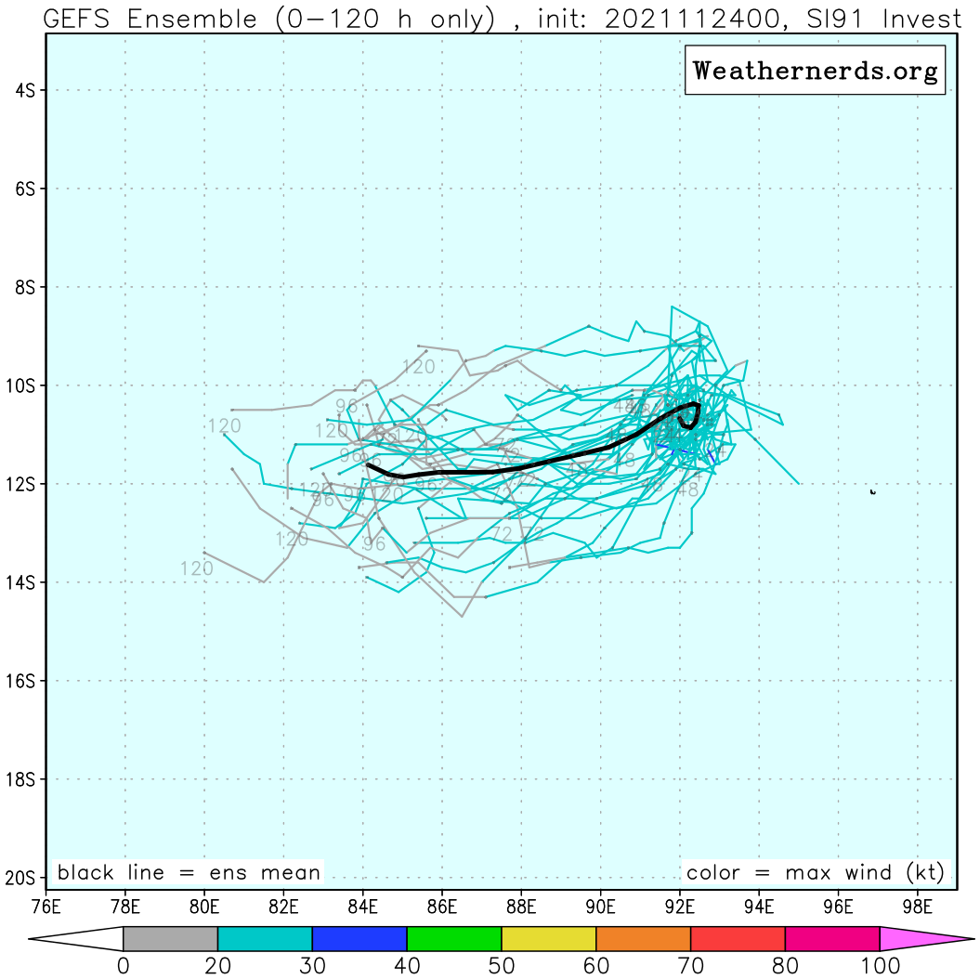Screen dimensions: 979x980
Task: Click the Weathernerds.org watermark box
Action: pyautogui.click(x=815, y=72)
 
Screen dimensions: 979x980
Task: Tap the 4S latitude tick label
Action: pyautogui.click(x=25, y=90)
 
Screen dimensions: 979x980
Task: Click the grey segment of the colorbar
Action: pyautogui.click(x=170, y=938)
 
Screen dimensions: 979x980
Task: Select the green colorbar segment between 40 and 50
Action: pyautogui.click(x=454, y=938)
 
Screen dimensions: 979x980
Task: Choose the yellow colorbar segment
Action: pyautogui.click(x=548, y=938)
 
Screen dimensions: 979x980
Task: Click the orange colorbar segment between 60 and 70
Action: pyautogui.click(x=643, y=938)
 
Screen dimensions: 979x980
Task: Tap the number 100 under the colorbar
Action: pyautogui.click(x=879, y=966)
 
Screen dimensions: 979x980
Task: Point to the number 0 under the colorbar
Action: pyautogui.click(x=123, y=966)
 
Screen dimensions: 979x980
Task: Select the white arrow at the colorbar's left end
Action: pyautogui.click(x=79, y=938)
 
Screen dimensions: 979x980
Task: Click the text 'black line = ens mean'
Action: pyautogui.click(x=189, y=873)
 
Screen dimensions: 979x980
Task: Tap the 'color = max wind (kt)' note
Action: pyautogui.click(x=815, y=873)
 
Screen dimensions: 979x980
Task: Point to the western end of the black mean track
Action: pyautogui.click(x=369, y=464)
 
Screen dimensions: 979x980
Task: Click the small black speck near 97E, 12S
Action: pyautogui.click(x=872, y=491)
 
